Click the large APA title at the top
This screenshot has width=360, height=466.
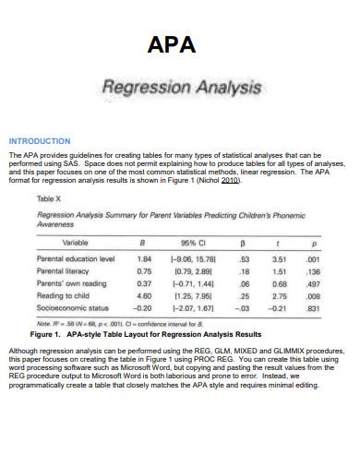180,46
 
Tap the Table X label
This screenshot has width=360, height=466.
48,198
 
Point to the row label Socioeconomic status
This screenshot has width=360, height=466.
73,307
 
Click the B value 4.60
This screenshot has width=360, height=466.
144,295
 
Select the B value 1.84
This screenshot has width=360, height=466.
144,260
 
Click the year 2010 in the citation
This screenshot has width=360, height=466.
230,181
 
